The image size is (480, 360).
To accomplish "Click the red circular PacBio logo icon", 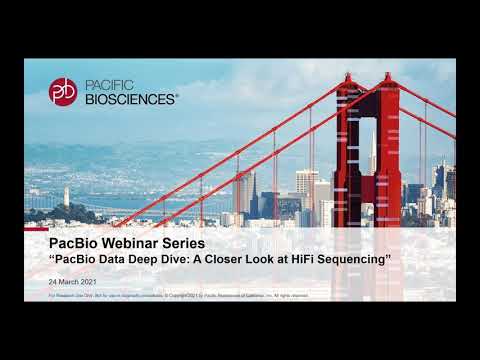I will point(63,91).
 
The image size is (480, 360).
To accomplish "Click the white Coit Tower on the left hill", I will point(67,195).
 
